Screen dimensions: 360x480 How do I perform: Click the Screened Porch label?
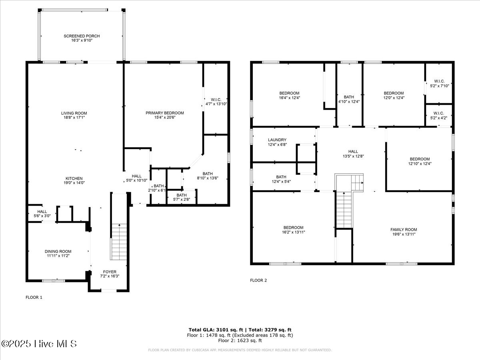point(82,36)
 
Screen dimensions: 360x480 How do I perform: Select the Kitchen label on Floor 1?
point(74,178)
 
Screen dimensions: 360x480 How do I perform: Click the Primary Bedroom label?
point(164,113)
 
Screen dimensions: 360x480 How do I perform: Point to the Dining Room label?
point(58,251)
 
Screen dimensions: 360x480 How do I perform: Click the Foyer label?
point(109,272)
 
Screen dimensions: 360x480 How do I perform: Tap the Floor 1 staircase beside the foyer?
point(119,242)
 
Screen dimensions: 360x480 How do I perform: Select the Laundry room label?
point(277,140)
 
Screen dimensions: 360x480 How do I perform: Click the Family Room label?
point(404,230)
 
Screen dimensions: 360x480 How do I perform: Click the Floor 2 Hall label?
point(353,151)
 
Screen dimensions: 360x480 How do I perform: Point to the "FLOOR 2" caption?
point(258,280)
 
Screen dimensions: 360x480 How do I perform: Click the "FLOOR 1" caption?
point(34,297)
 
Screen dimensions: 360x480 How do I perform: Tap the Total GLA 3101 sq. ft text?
point(212,330)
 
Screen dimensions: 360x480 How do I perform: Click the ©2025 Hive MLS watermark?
point(39,344)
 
